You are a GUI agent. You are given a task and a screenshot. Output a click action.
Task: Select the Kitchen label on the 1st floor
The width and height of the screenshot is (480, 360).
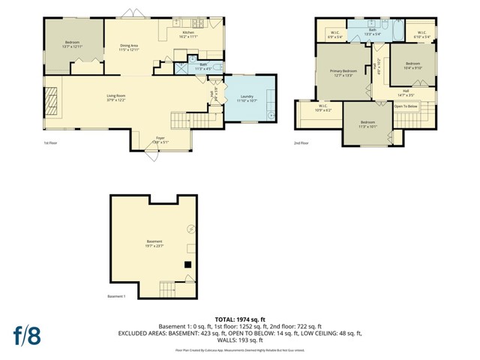coord(188,33)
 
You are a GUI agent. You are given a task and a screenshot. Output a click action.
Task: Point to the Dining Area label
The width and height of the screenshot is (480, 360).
coord(130,46)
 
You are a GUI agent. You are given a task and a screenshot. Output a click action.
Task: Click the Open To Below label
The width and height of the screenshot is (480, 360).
coord(405,106)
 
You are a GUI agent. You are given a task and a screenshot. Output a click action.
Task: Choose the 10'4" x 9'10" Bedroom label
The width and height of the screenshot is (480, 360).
coord(413,64)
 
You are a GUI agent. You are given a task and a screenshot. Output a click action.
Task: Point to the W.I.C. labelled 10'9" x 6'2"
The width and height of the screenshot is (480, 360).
coord(321,108)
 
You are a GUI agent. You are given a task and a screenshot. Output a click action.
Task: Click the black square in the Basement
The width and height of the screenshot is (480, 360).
coord(188,264)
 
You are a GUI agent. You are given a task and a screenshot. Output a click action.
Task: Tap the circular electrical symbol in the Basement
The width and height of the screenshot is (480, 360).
coord(190,229)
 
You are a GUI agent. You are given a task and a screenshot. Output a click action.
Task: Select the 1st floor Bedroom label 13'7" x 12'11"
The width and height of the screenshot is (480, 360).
coord(73,43)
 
